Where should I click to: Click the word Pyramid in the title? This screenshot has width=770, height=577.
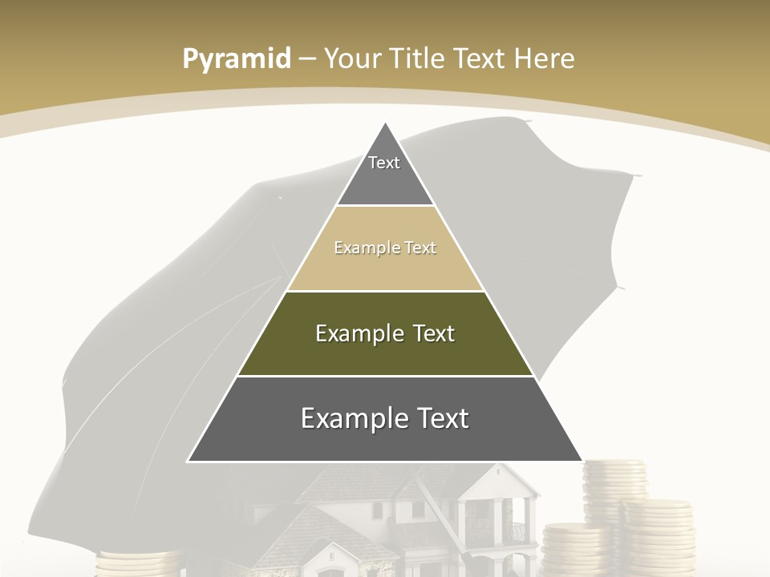point(237,59)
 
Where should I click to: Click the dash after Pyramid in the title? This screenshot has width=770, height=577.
point(307,59)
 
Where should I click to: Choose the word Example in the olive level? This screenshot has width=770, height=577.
point(359,333)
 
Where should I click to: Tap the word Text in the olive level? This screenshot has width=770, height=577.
point(434,333)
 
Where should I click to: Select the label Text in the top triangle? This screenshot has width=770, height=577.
point(384,163)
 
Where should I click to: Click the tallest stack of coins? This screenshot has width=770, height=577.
point(614,489)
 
